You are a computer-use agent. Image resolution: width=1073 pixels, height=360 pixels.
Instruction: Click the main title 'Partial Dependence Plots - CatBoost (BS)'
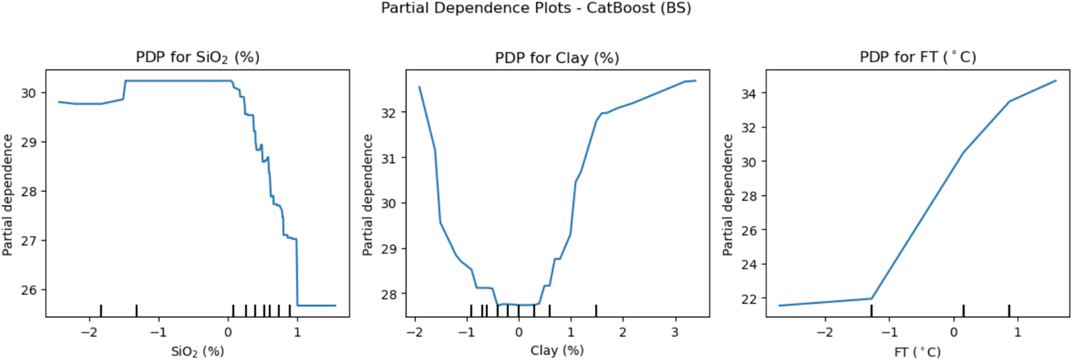[536, 9]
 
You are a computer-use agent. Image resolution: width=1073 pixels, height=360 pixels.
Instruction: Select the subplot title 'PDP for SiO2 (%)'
[197, 57]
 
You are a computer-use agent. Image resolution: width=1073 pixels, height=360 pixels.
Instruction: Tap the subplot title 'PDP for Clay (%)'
[557, 58]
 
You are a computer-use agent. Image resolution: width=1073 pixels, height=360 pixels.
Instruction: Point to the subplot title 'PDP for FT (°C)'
[918, 57]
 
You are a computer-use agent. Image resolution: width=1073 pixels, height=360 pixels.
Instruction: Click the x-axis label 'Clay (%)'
[557, 350]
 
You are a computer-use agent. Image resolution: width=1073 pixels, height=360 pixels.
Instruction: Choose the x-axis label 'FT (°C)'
[917, 352]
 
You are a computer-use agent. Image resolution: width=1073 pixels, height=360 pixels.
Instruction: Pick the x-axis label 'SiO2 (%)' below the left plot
[197, 351]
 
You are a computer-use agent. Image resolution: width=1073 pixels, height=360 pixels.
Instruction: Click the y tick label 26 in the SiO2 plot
[29, 290]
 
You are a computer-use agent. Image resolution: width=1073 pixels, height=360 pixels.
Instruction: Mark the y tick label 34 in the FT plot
[749, 93]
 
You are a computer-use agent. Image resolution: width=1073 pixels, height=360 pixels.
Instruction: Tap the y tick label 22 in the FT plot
[749, 299]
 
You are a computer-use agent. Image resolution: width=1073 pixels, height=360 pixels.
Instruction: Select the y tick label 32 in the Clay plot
[389, 113]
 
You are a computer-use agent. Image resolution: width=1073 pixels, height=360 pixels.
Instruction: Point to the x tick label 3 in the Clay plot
[675, 332]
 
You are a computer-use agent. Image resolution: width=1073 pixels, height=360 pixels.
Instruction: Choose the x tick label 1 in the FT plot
[1017, 332]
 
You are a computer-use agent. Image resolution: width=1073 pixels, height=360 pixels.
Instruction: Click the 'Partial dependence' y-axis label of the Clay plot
[368, 195]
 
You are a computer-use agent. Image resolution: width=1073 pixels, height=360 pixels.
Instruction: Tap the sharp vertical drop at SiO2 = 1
[297, 272]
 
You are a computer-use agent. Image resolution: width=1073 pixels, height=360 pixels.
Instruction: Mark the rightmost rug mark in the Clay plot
[596, 310]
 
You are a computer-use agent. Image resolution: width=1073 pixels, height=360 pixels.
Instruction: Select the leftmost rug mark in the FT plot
[872, 310]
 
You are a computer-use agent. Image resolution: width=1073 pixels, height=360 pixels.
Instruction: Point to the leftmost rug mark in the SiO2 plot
[101, 310]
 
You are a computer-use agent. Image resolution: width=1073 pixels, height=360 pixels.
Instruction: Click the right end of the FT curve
[1056, 81]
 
